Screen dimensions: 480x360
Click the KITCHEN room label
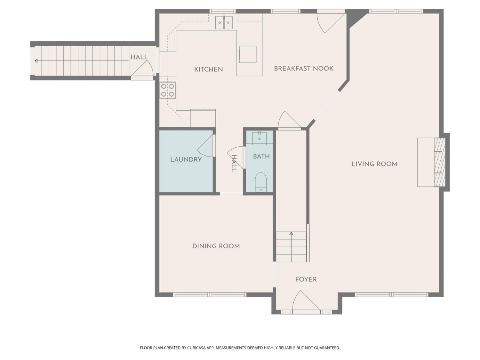tap(208, 69)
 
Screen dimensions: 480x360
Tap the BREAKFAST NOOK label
tap(304, 68)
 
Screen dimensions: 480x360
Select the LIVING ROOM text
tap(374, 164)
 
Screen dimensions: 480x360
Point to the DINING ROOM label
tap(216, 246)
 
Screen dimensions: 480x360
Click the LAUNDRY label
tap(186, 159)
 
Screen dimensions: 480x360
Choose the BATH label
tap(261, 156)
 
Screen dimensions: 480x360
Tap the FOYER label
tap(306, 279)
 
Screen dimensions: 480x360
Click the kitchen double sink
tap(224, 22)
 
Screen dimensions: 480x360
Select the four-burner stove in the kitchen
tap(167, 90)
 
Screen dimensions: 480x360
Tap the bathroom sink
tap(259, 138)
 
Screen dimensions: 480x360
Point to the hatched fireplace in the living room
tap(440, 162)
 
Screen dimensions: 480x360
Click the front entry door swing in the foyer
tap(306, 300)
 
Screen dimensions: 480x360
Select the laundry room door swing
tap(205, 146)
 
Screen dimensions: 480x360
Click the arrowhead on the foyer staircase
tap(291, 234)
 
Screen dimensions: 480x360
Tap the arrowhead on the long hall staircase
tap(36, 61)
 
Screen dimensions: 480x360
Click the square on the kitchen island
tap(248, 54)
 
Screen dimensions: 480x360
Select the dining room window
tap(210, 295)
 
